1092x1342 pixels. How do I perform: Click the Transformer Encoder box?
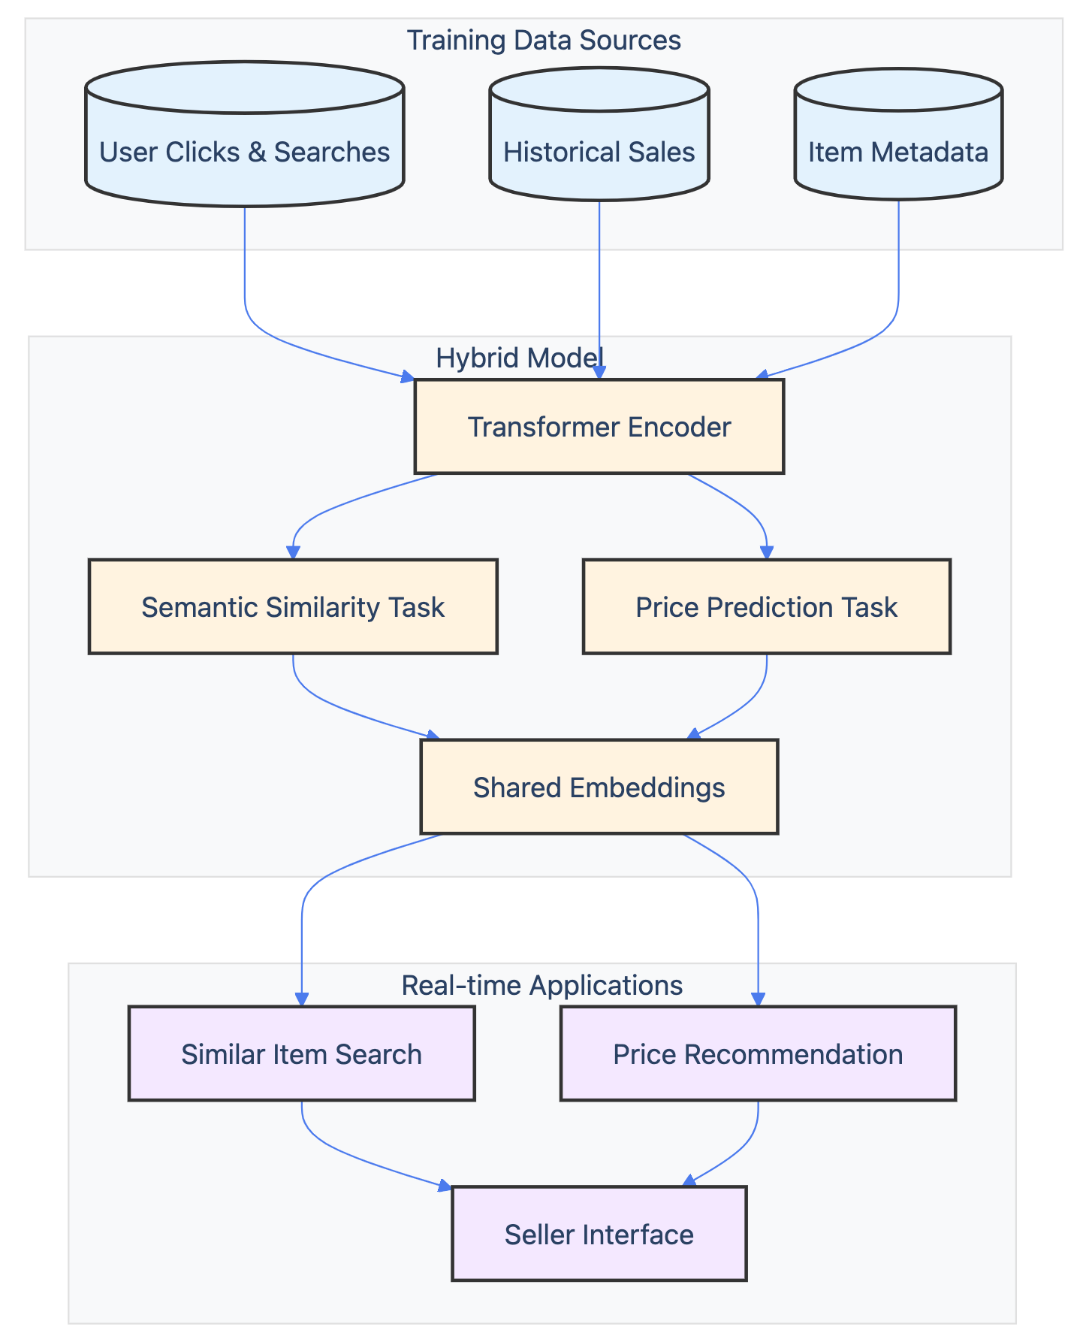599,427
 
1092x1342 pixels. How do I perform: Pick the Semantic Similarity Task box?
293,606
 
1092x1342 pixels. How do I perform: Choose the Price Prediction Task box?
766,606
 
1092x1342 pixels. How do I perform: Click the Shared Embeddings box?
599,787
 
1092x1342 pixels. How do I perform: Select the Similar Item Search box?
301,1053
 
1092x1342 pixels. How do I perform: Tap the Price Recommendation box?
758,1053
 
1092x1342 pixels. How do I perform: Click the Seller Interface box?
599,1234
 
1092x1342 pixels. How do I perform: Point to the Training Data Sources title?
544,40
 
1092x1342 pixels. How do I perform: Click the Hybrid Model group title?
520,358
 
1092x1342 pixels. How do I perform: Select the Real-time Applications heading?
542,985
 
